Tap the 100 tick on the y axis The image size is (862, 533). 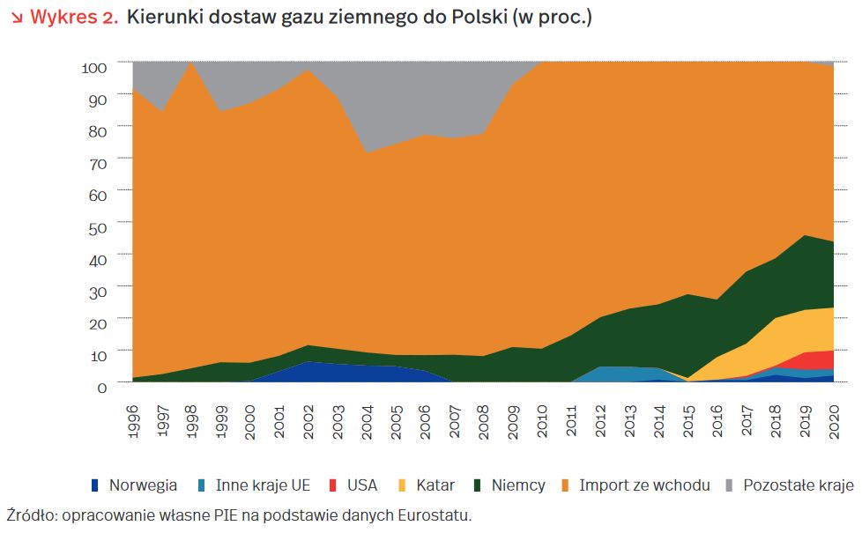coord(94,67)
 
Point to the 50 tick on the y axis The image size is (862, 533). coord(98,226)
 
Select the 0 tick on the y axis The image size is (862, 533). coord(102,386)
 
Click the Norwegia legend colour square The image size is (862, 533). coord(94,485)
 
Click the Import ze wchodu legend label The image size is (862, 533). coord(643,485)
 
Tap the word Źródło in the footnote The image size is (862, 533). coord(27,515)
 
